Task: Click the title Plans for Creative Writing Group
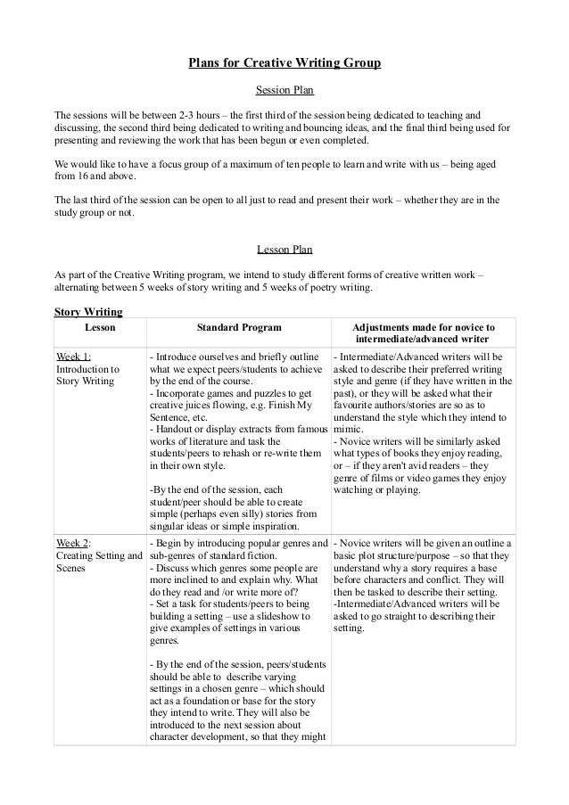(x=284, y=63)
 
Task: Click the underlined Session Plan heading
(x=284, y=90)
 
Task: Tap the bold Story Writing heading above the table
(x=88, y=312)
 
